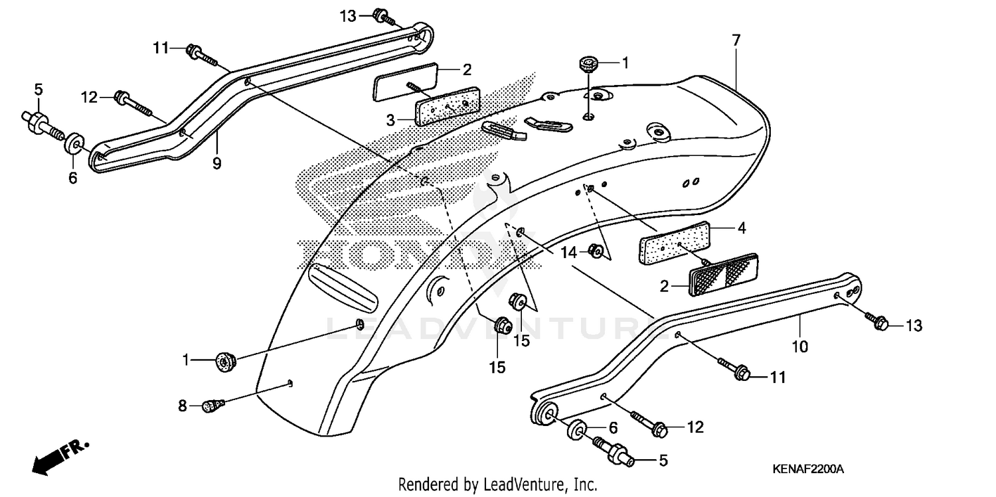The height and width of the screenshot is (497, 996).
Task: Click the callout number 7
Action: pyautogui.click(x=736, y=40)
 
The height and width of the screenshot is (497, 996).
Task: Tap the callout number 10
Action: pyautogui.click(x=799, y=346)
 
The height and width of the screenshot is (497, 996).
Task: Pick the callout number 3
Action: pyautogui.click(x=391, y=120)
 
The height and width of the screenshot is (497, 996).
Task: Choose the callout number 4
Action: pyautogui.click(x=741, y=228)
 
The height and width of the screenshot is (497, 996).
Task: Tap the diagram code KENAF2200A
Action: pyautogui.click(x=807, y=469)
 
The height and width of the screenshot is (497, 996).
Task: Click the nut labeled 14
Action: pyautogui.click(x=596, y=251)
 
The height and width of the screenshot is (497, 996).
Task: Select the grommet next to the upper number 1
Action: pyautogui.click(x=588, y=64)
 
